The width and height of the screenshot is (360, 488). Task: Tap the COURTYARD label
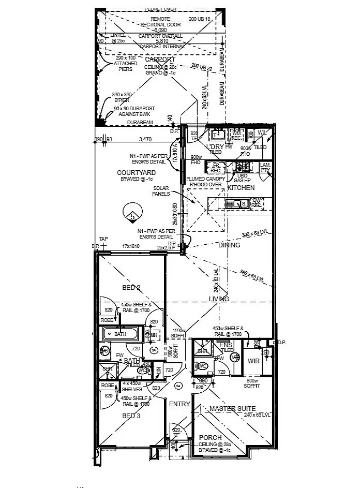pos(136,172)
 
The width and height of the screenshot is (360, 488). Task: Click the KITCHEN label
pos(241,188)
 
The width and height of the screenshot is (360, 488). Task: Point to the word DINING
pos(229,245)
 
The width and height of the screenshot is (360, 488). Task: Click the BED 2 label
pos(131,287)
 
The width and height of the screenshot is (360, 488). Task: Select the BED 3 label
pos(131,416)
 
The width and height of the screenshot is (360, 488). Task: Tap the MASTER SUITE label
pos(233,409)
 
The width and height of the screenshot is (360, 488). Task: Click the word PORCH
pos(211,438)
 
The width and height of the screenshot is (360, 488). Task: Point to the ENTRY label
pos(179,404)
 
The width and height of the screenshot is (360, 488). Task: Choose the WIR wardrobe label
pos(253,361)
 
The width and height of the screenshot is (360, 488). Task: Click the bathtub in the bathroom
pos(121,334)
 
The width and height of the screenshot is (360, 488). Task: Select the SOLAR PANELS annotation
pos(162,191)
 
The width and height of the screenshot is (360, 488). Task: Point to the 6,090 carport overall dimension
pos(160,30)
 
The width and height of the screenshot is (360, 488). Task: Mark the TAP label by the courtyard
pos(103,239)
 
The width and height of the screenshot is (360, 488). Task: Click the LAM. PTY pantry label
pos(266,167)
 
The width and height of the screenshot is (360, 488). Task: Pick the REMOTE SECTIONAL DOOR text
pos(160,21)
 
